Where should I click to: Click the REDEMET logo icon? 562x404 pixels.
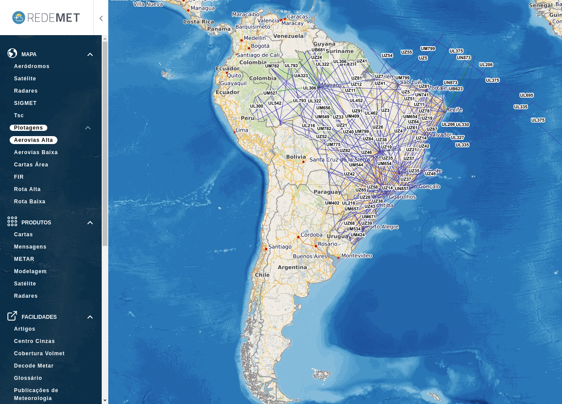(19, 18)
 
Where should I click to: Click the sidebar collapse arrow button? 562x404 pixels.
(101, 18)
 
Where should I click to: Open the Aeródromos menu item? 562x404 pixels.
(32, 66)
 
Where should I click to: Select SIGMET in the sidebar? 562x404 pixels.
(25, 103)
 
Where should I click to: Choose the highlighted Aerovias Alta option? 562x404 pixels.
(33, 140)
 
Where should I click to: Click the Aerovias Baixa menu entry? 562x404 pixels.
(36, 152)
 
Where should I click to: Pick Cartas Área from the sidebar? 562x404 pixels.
(31, 165)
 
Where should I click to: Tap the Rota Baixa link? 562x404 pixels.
(30, 202)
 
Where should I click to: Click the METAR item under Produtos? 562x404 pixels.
(24, 259)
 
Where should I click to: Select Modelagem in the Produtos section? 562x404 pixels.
(30, 271)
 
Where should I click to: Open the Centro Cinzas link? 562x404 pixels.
(35, 341)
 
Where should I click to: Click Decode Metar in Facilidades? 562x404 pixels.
(34, 366)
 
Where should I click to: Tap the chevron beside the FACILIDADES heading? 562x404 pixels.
(90, 317)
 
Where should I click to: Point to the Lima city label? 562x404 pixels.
(242, 130)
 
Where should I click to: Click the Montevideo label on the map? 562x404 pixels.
(356, 256)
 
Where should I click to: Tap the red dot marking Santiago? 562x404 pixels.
(266, 249)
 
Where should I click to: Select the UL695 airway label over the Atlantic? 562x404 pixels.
(526, 95)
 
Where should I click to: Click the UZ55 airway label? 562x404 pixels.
(406, 52)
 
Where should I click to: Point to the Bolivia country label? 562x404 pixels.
(296, 157)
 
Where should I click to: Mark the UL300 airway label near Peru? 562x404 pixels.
(256, 106)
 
